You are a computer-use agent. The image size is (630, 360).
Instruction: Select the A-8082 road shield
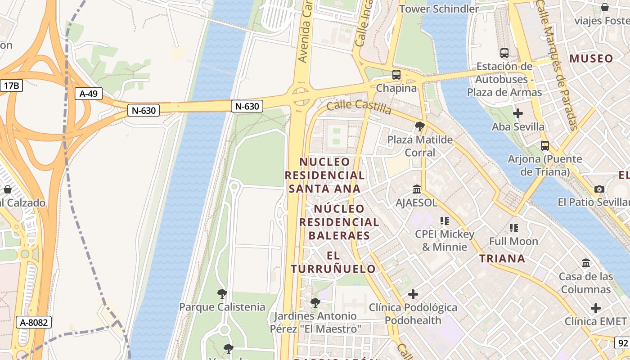34,322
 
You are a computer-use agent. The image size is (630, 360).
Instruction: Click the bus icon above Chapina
396,75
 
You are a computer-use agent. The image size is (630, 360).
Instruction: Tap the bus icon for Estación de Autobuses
504,53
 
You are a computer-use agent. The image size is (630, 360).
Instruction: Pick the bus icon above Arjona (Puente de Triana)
544,146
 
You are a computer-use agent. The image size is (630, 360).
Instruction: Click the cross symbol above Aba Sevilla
518,113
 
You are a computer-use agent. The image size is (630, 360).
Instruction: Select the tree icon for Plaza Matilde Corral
420,126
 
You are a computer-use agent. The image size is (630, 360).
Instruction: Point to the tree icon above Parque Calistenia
222,294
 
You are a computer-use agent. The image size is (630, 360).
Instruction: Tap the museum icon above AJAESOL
416,189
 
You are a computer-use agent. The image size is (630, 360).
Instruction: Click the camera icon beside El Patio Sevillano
599,189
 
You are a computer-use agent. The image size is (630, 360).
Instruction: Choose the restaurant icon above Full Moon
513,228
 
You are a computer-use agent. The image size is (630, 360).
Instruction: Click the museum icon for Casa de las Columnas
586,263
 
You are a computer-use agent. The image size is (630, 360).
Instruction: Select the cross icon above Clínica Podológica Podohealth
413,294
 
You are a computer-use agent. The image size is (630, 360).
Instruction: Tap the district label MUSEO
591,58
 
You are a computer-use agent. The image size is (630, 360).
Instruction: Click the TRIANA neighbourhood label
502,258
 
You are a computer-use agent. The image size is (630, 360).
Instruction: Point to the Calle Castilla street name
359,107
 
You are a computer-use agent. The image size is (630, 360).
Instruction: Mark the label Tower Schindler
439,9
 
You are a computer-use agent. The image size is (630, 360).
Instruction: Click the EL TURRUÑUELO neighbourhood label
333,262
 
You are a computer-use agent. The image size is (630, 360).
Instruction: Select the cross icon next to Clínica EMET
596,308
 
